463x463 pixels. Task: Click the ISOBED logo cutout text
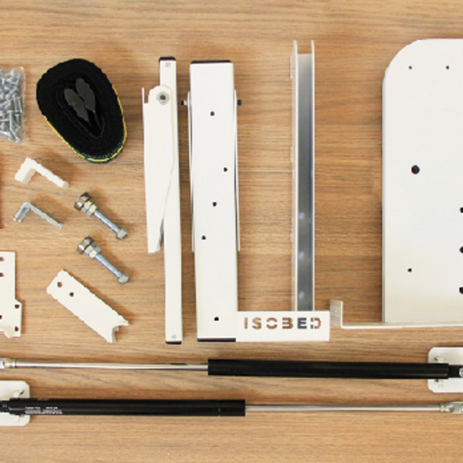tap(282, 323)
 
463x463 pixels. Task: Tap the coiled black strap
tap(81, 110)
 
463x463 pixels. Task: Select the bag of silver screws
tap(12, 104)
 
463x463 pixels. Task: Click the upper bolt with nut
tap(100, 215)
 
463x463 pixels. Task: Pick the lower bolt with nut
tap(103, 259)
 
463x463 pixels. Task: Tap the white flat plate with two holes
tap(87, 306)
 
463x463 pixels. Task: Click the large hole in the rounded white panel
tap(415, 169)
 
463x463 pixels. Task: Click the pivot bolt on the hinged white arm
tap(162, 96)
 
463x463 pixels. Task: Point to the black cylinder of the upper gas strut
tap(329, 369)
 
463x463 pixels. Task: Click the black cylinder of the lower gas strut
tap(123, 407)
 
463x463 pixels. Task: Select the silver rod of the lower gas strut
tap(343, 408)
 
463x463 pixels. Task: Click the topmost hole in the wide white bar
tap(212, 113)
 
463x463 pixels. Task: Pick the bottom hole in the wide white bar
tap(216, 319)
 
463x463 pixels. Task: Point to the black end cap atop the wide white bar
tap(211, 63)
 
